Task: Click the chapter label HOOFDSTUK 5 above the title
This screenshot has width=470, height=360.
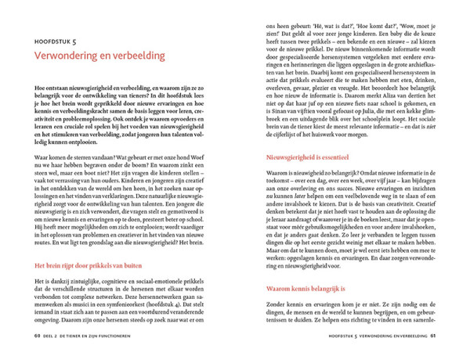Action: (x=55, y=40)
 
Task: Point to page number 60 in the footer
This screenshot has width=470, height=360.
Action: (x=37, y=338)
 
